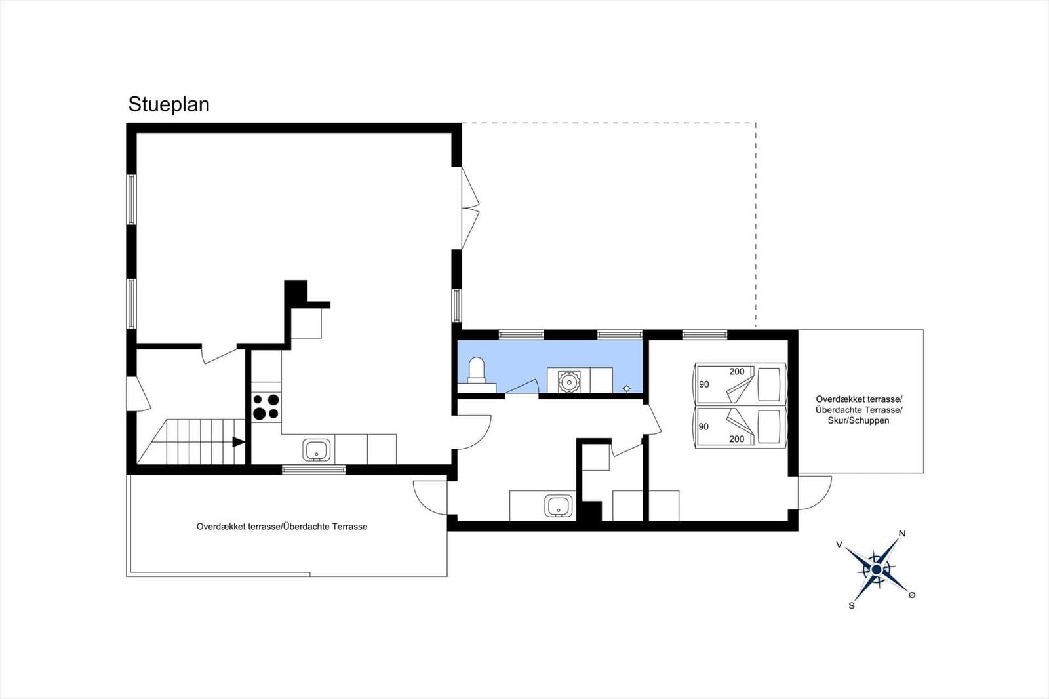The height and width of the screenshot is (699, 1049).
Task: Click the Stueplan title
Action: coord(168,104)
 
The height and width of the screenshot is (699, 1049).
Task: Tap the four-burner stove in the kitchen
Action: coord(266,406)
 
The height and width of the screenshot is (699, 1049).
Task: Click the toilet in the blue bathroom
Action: coord(477,370)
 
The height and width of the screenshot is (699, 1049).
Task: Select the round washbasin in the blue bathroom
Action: coord(568,380)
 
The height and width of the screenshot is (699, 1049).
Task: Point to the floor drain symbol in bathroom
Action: coord(626,388)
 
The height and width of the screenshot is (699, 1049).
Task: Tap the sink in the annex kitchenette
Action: coord(559,506)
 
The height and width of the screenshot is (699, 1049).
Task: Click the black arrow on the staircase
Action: coord(239,442)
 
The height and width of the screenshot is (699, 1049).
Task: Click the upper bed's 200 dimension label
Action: coord(737,372)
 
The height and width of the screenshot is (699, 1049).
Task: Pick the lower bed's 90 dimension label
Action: coord(703,426)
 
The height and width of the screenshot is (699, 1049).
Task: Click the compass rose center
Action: coord(877,569)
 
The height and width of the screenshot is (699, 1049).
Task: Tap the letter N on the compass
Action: coord(902,534)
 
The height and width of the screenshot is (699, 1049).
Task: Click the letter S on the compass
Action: coord(852,605)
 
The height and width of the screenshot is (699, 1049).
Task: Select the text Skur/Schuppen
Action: coord(858,420)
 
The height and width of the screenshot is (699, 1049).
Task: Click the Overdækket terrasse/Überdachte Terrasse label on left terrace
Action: coord(282,526)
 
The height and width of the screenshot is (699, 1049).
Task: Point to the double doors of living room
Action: coord(470,209)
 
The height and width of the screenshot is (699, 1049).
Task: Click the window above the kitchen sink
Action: coord(313,469)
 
